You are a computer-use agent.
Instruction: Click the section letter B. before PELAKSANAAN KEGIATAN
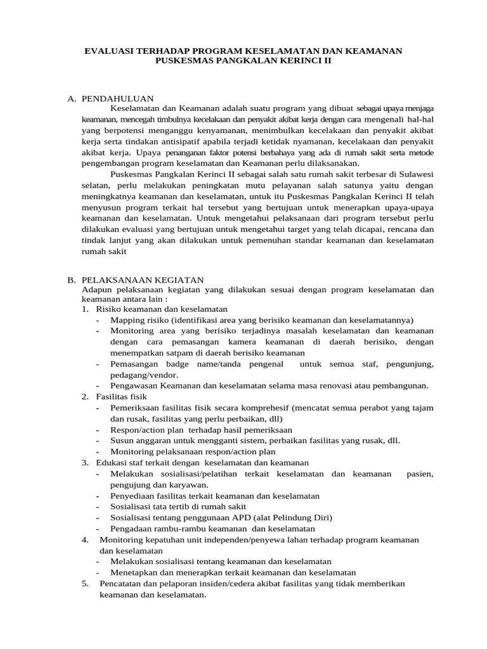(x=71, y=280)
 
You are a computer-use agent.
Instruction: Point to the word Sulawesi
(x=414, y=174)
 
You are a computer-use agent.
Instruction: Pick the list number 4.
(x=84, y=539)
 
